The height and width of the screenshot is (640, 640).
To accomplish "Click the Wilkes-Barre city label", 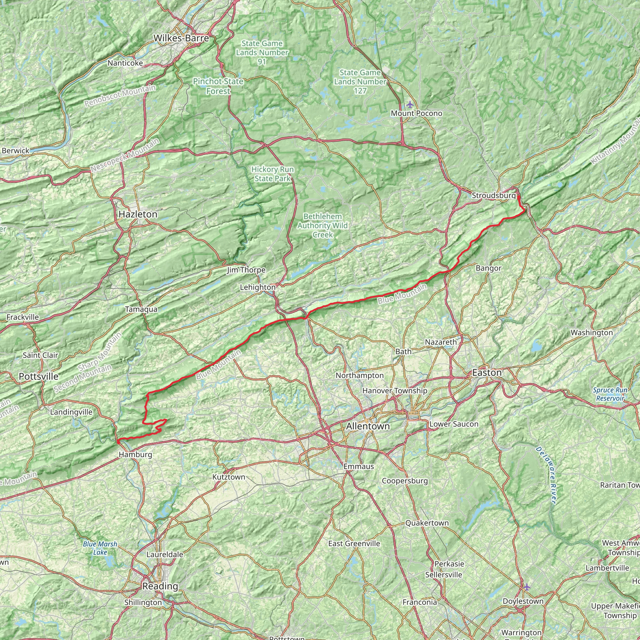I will [181, 38].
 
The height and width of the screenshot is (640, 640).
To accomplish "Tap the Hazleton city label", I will [138, 214].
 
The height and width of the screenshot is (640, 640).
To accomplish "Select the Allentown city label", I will [368, 426].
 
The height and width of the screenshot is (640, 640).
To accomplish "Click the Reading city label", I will [160, 586].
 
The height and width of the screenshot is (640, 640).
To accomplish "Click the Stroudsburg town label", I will [493, 195].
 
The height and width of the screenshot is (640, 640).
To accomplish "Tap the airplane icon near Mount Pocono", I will [410, 105].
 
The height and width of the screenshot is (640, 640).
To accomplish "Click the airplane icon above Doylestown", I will [527, 587].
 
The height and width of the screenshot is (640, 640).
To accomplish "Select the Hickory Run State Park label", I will [272, 174].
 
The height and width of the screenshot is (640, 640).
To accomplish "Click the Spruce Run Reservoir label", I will [610, 394].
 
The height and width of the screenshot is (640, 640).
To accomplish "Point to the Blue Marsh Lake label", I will [100, 548].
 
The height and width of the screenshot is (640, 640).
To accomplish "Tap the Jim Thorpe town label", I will [246, 270].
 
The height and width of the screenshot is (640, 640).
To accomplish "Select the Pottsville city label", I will [38, 376].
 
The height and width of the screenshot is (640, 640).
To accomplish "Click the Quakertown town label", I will [427, 523].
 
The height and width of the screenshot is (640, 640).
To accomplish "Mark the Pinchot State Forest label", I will [218, 86].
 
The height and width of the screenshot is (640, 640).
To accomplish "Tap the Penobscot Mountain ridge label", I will [120, 96].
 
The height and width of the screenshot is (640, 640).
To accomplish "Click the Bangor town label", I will [488, 268].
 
